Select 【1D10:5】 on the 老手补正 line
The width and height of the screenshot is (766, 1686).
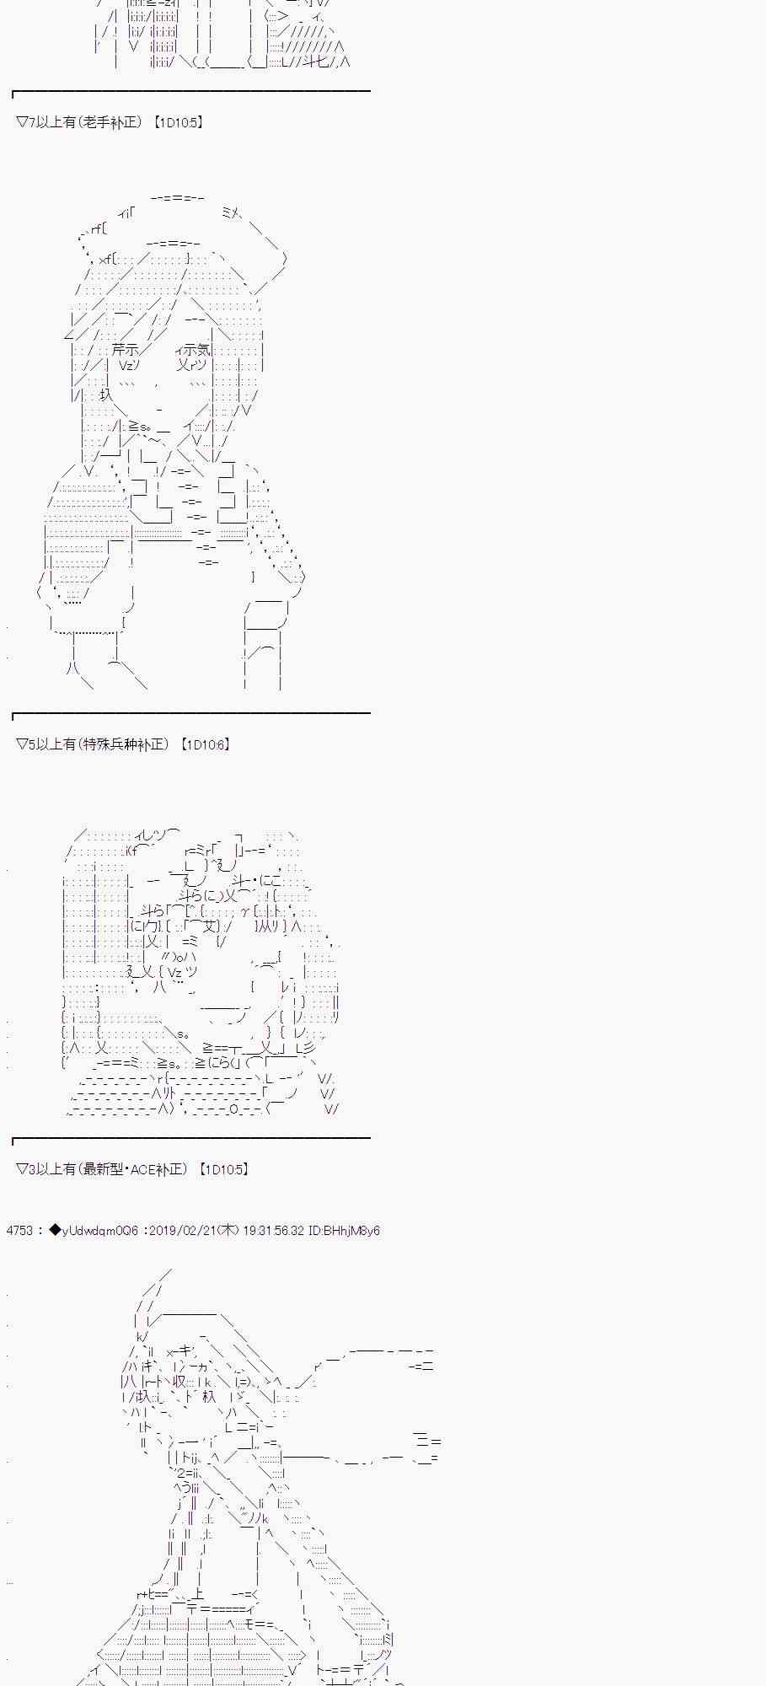pyautogui.click(x=178, y=122)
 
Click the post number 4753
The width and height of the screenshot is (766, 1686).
pyautogui.click(x=19, y=1231)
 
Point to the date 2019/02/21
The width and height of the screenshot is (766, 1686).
pyautogui.click(x=181, y=1231)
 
